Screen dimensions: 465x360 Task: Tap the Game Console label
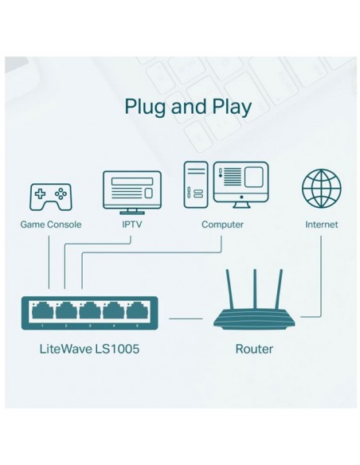[x=49, y=225]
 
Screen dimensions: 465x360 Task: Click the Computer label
[x=222, y=225]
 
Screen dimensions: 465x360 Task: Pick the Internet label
[x=321, y=225]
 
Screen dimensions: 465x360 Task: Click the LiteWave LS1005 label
[x=91, y=349]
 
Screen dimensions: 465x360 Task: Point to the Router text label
[x=255, y=349]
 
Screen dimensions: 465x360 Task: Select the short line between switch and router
[x=186, y=317]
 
